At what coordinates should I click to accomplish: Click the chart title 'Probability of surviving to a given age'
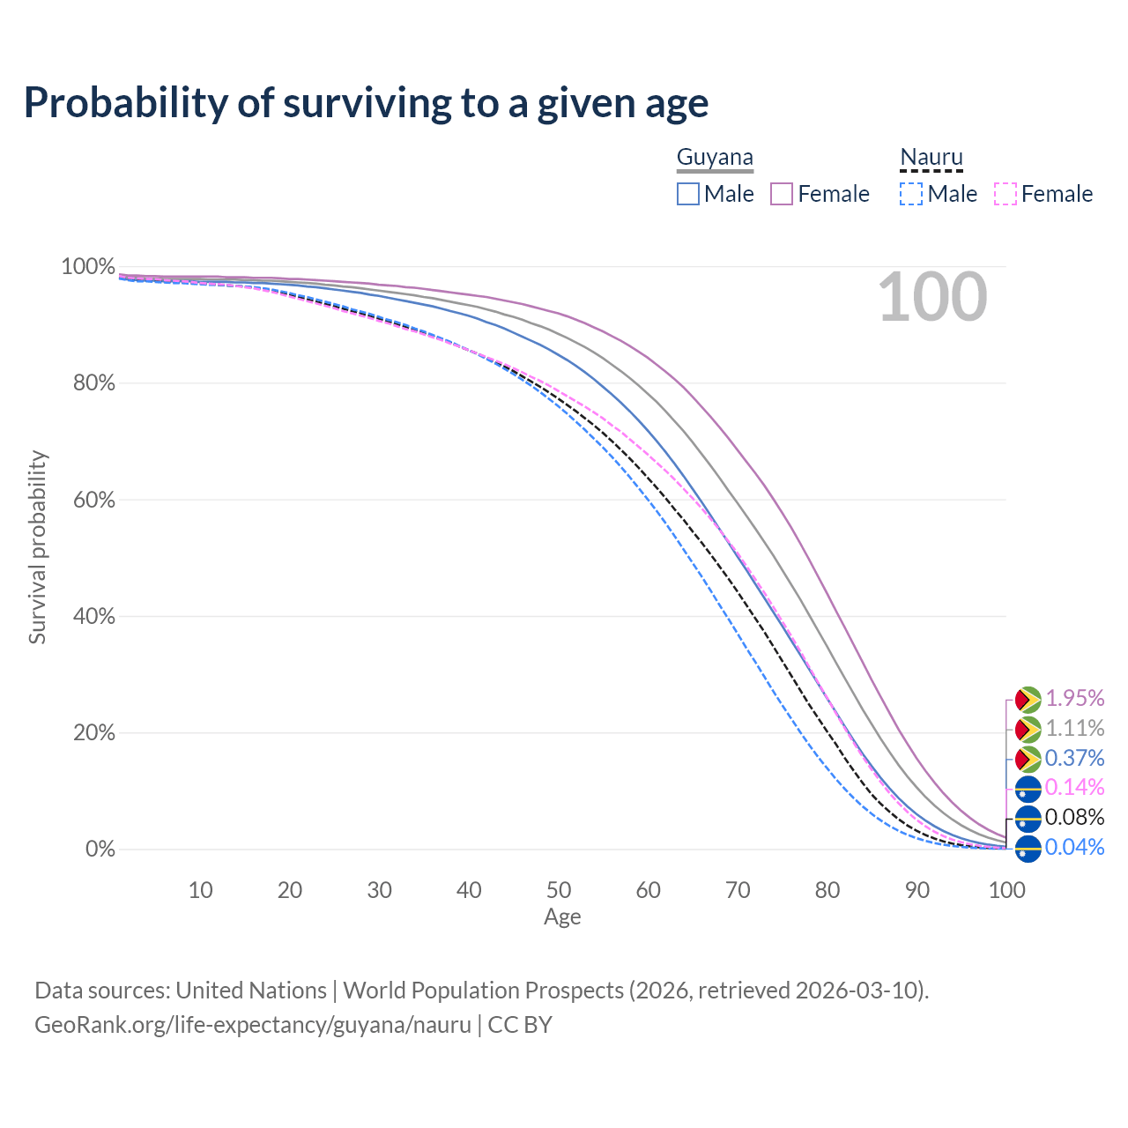click(x=366, y=103)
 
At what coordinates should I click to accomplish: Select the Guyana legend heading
click(x=715, y=158)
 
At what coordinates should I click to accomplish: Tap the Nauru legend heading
click(x=931, y=158)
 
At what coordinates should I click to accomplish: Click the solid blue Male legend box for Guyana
click(x=688, y=194)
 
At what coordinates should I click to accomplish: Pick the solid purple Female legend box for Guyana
click(x=783, y=194)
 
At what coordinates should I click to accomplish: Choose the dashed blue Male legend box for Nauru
click(x=911, y=194)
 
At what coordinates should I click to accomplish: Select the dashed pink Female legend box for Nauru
click(x=1006, y=194)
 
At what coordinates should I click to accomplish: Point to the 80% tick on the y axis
click(x=88, y=383)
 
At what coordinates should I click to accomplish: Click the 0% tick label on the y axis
click(x=100, y=850)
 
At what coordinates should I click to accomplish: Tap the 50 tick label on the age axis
click(x=559, y=890)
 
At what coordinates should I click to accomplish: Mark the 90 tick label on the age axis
click(x=917, y=890)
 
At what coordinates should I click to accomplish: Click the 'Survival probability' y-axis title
click(x=37, y=547)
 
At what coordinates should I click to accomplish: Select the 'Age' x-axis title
click(x=562, y=917)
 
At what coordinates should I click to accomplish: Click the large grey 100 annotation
click(x=932, y=298)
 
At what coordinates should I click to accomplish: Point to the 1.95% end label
click(x=1074, y=699)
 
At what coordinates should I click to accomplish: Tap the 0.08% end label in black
click(x=1074, y=817)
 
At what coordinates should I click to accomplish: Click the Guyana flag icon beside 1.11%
click(x=1028, y=729)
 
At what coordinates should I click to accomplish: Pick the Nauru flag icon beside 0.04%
click(x=1028, y=849)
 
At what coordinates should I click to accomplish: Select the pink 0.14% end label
click(x=1074, y=787)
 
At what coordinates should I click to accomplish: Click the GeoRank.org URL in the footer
click(x=253, y=1025)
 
